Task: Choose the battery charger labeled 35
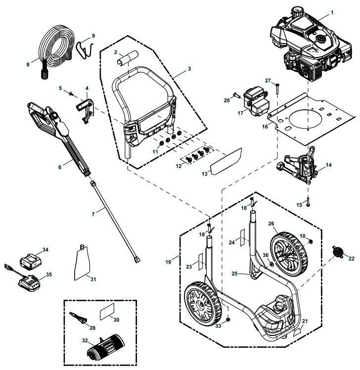[30, 284]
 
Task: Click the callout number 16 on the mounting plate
[266, 127]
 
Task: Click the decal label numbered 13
[225, 161]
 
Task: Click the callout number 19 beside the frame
[169, 261]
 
